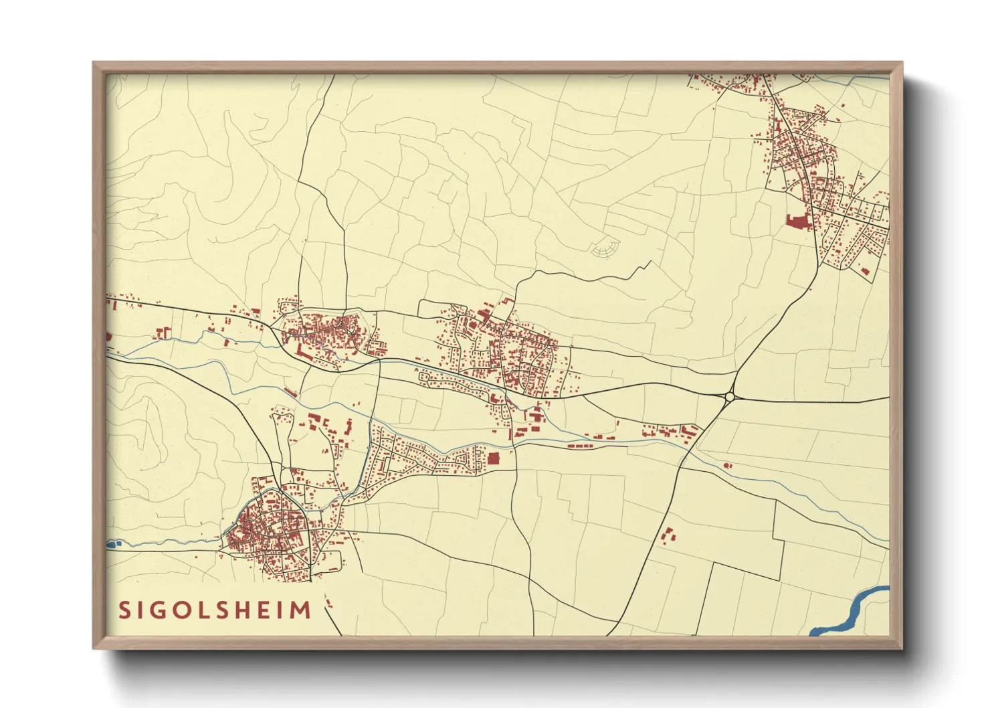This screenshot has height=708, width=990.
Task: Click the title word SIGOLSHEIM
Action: [x=215, y=610]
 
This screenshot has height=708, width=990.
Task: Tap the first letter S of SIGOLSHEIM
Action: [x=124, y=610]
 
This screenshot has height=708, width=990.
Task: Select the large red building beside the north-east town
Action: [x=797, y=222]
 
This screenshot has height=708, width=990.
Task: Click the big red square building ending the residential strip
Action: [x=494, y=458]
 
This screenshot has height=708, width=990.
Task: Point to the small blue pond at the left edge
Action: [x=111, y=544]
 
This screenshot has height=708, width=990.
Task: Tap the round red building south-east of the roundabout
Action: [x=727, y=465]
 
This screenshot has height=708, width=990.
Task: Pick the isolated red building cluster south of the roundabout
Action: [x=668, y=536]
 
